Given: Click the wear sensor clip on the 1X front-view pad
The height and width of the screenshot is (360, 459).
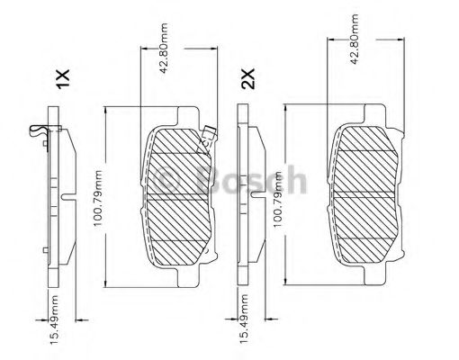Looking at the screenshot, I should [x=208, y=137].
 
